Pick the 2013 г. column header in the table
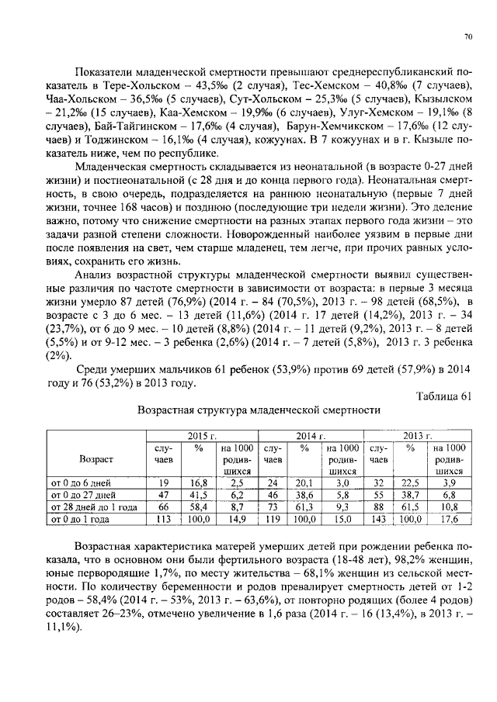417,437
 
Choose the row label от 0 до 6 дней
81,482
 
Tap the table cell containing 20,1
305,482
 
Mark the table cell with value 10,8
449,505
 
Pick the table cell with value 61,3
305,505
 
